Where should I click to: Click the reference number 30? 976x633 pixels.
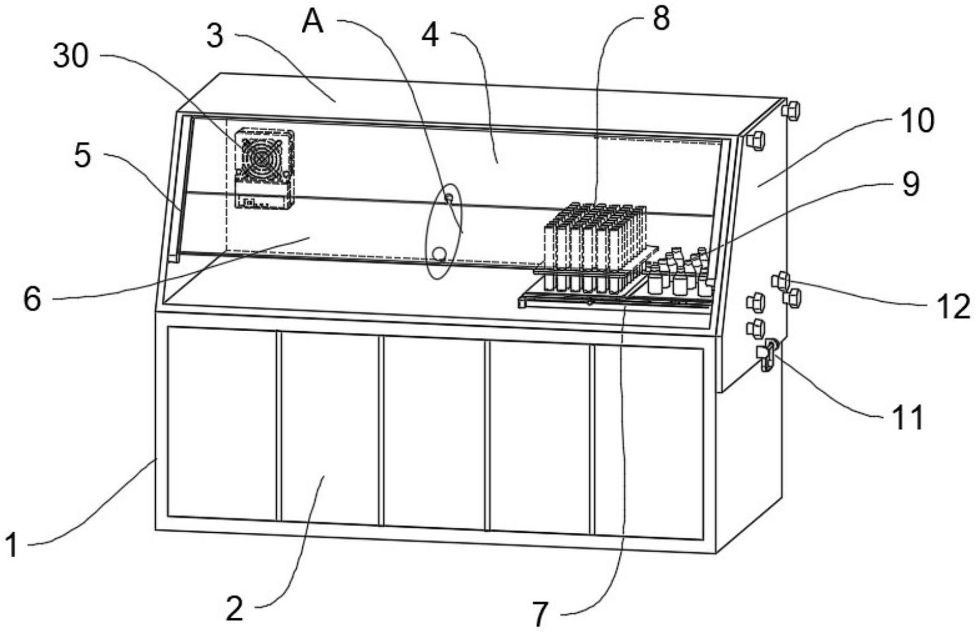(x=71, y=57)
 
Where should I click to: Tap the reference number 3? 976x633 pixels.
(x=215, y=36)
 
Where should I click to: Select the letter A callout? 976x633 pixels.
(x=313, y=22)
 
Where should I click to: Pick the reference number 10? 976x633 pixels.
(x=915, y=121)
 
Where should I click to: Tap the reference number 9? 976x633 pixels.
(x=910, y=184)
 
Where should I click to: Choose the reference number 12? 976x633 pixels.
(x=953, y=307)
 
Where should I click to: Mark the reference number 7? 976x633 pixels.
(x=541, y=614)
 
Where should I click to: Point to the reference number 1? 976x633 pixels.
(x=12, y=546)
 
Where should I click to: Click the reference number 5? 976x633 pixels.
(x=83, y=155)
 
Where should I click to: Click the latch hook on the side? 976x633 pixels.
(x=768, y=356)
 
